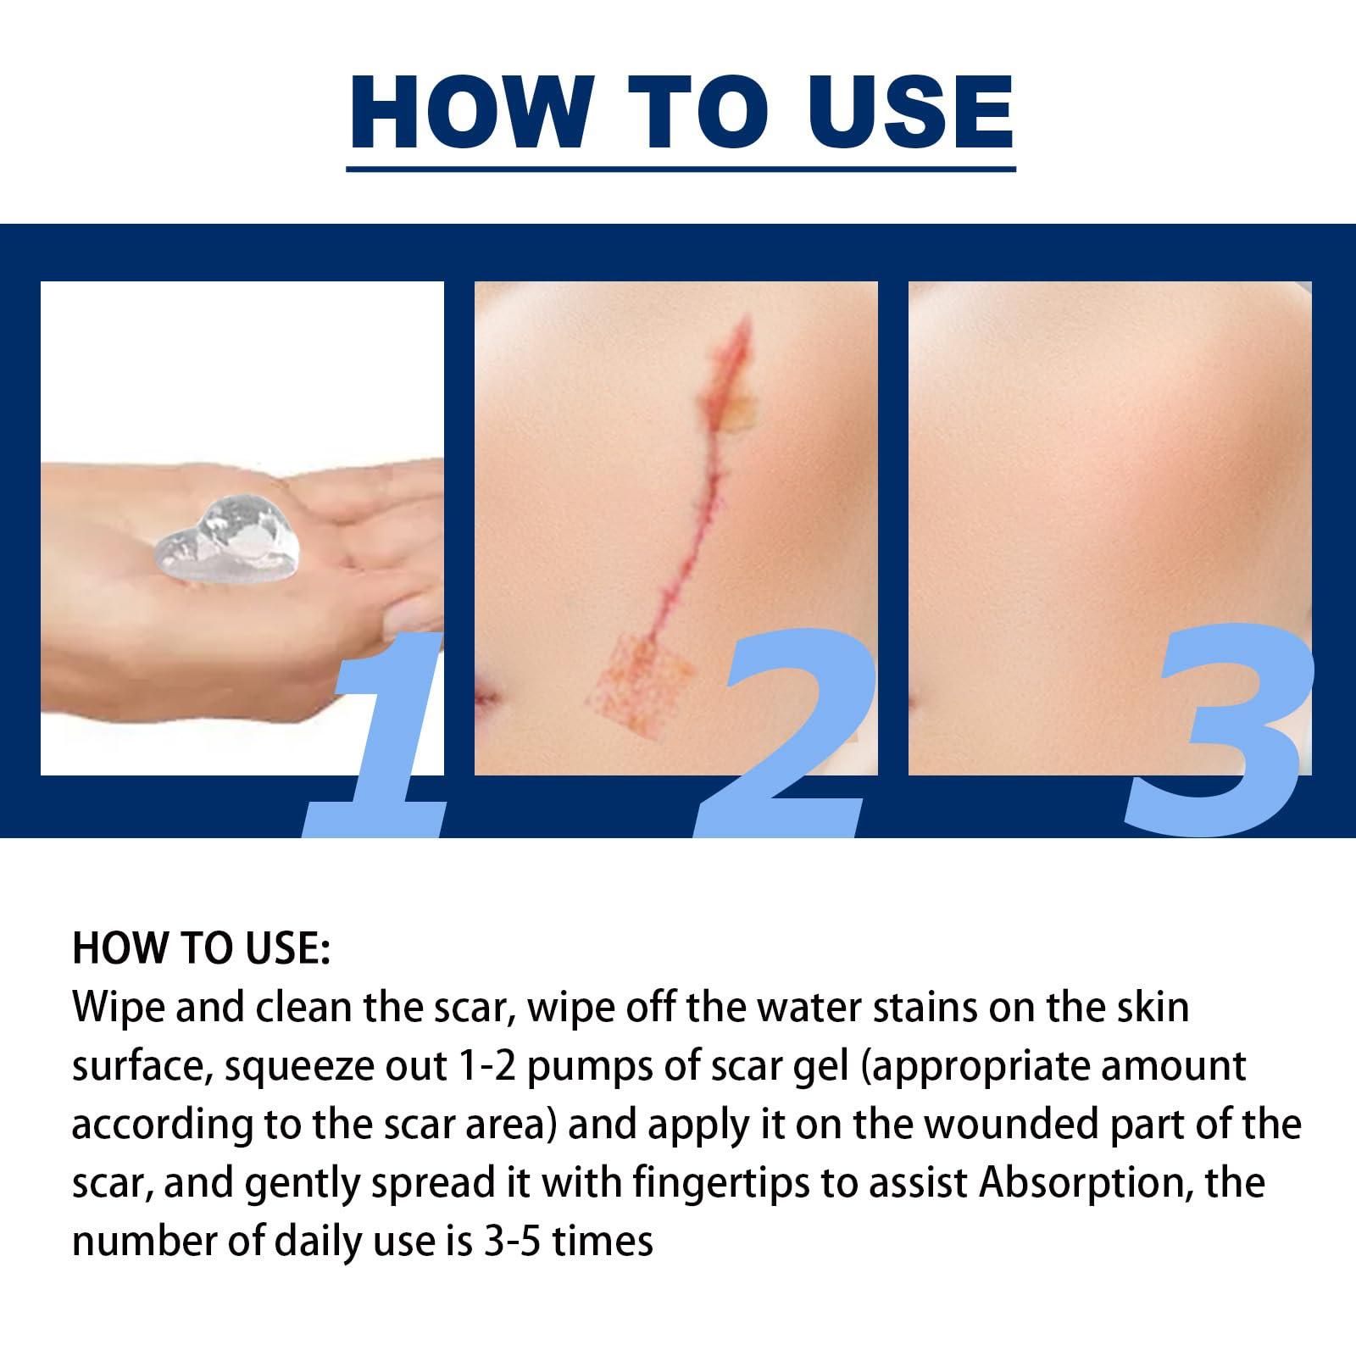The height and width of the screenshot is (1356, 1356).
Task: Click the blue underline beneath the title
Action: pos(681,169)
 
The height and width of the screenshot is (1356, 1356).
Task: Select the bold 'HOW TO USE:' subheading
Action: pos(201,948)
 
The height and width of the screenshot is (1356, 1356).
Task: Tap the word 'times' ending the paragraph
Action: pos(609,1241)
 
